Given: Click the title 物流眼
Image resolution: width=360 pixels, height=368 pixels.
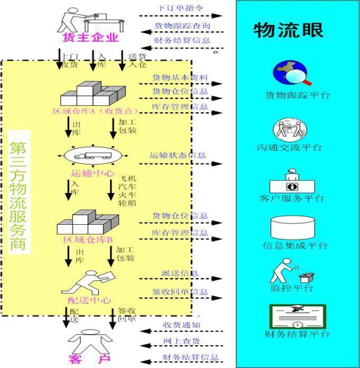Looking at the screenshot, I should tap(289, 30).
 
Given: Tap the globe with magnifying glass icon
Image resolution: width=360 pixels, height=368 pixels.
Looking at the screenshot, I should tap(291, 73).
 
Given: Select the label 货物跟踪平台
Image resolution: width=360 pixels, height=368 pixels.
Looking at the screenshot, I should tap(298, 96).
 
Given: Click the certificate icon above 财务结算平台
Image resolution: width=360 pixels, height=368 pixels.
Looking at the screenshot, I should tap(297, 317).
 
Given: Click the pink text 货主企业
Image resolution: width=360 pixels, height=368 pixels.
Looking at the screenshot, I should tap(89, 38).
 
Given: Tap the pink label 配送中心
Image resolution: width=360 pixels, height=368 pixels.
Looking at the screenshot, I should tap(90, 300).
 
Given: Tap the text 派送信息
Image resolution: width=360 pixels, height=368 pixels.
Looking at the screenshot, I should tap(180, 273).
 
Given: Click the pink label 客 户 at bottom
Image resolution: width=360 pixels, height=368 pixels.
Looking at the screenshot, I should tap(89, 360).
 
